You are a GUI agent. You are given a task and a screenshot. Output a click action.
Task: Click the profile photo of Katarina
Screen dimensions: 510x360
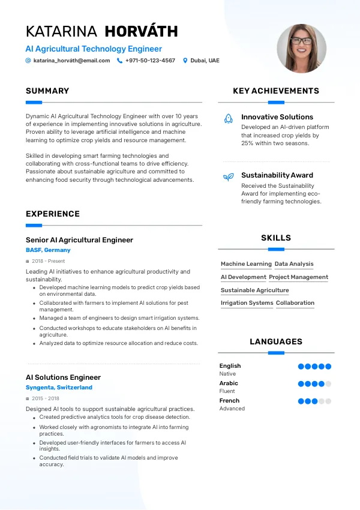point(301,49)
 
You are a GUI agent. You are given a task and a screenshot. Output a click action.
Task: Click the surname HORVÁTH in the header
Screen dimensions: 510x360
point(141,32)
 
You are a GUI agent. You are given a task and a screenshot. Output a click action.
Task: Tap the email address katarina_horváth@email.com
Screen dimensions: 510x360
point(71,61)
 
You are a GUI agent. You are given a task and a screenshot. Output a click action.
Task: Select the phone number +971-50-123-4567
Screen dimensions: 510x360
point(150,61)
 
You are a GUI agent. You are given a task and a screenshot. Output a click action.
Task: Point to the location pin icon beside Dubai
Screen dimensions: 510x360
point(185,61)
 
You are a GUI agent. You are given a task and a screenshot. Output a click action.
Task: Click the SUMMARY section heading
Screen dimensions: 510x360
point(47,91)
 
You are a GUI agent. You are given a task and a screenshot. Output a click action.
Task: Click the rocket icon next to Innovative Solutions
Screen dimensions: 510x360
point(228,119)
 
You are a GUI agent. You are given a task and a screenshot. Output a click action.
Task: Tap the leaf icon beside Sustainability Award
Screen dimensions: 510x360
point(228,177)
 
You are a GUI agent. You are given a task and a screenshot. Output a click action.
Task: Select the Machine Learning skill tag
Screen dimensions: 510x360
point(246,264)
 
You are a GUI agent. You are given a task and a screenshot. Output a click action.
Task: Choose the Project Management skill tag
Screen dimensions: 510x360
point(298,277)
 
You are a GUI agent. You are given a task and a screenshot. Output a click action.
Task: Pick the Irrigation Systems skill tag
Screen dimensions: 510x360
point(247,303)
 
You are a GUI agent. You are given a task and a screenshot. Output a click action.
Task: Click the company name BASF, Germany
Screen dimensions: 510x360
point(48,250)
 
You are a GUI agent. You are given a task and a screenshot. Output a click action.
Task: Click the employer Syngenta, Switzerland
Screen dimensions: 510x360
point(59,388)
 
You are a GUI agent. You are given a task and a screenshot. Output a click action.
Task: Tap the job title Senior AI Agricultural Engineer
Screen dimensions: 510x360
point(79,240)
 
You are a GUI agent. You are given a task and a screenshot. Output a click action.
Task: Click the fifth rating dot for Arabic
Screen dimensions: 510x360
point(328,384)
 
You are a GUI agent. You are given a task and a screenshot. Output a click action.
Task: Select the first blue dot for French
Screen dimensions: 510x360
point(301,401)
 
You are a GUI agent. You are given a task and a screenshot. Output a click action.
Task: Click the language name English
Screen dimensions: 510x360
point(230,366)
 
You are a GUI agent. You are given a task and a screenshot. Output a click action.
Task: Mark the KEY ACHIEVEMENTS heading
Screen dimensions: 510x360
point(275,91)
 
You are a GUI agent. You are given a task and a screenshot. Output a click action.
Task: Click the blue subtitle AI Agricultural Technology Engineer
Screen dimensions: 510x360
point(94,49)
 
